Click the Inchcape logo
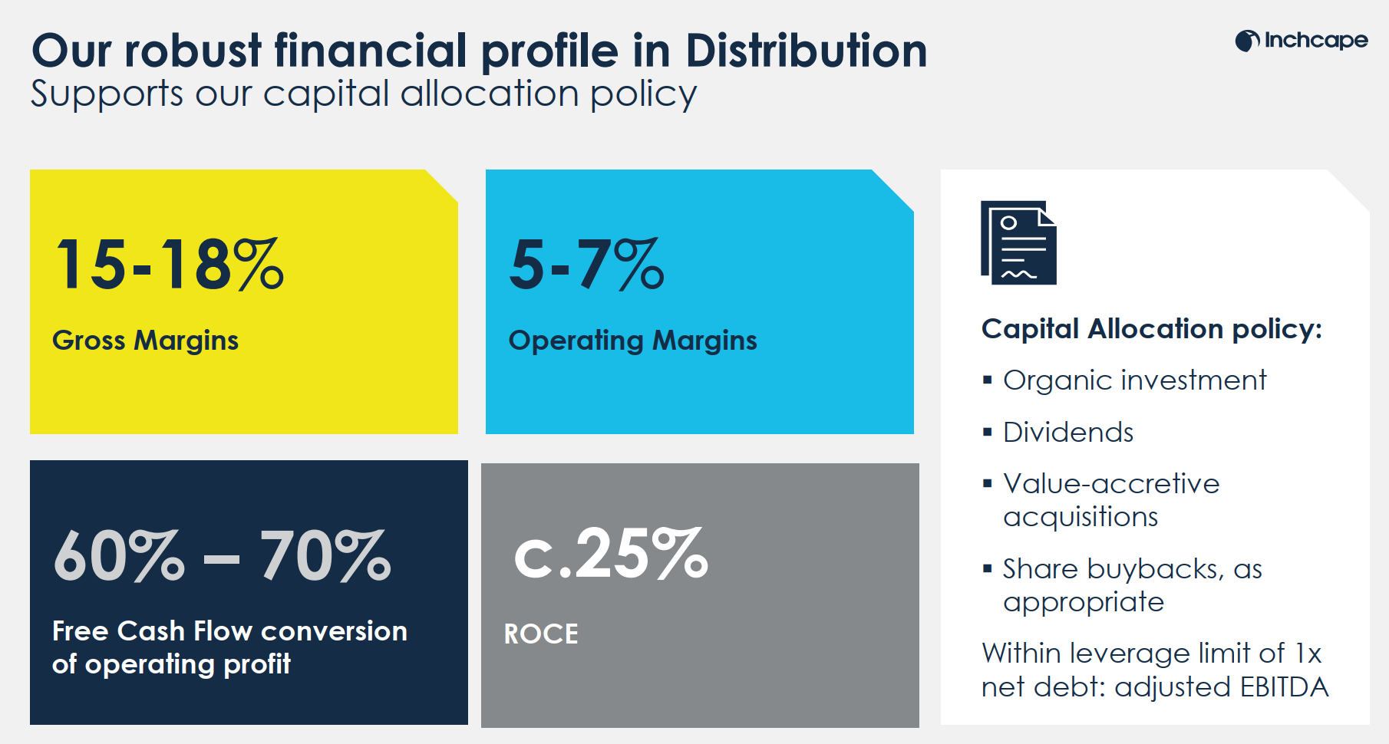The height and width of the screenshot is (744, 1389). click(x=1302, y=40)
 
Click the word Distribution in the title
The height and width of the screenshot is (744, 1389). click(x=806, y=51)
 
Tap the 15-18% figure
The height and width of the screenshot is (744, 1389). click(x=170, y=265)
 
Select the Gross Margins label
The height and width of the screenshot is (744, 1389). click(x=145, y=340)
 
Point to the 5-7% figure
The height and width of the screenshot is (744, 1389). click(x=586, y=265)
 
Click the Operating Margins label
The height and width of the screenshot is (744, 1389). click(x=632, y=340)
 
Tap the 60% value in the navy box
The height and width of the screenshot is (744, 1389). click(x=119, y=555)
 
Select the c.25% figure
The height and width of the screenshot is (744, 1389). click(x=610, y=554)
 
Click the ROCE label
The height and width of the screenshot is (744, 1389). click(x=541, y=634)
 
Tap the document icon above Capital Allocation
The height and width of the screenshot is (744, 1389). click(x=1018, y=242)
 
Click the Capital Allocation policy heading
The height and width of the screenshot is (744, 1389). click(x=1151, y=328)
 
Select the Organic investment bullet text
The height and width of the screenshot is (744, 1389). click(x=1134, y=380)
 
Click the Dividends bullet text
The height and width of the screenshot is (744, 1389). click(x=1068, y=433)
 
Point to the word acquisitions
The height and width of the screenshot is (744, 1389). click(x=1081, y=518)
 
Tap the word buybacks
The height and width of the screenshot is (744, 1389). click(x=1151, y=568)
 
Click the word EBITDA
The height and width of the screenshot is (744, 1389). click(x=1284, y=687)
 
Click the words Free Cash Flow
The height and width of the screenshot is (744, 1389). click(x=152, y=630)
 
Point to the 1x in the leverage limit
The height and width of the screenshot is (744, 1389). click(x=1308, y=653)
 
